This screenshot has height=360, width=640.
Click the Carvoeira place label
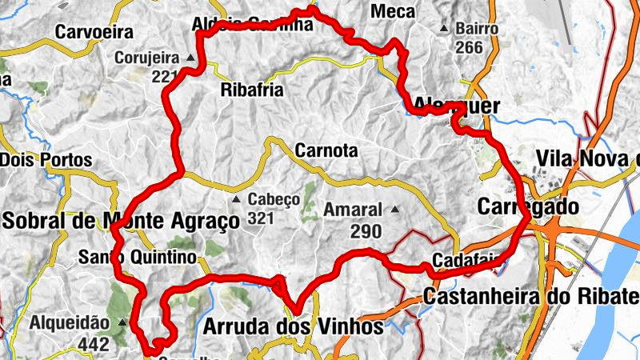point(93,32)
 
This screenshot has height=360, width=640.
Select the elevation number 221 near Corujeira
point(163,77)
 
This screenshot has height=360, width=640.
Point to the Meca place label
point(394,11)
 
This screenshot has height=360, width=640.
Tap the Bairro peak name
point(477,29)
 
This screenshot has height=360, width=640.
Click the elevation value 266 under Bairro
point(470,48)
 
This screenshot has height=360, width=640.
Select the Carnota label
point(326,150)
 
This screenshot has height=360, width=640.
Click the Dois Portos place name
point(46,160)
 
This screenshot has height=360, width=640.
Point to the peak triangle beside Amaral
point(394,210)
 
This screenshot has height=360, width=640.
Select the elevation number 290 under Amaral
point(366,231)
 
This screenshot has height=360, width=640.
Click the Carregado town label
point(527,206)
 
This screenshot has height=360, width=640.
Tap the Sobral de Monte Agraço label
point(121,220)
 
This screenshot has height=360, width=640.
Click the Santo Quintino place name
point(138,257)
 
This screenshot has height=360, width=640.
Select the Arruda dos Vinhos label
point(294,326)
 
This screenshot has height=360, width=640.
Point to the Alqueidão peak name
point(69,322)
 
